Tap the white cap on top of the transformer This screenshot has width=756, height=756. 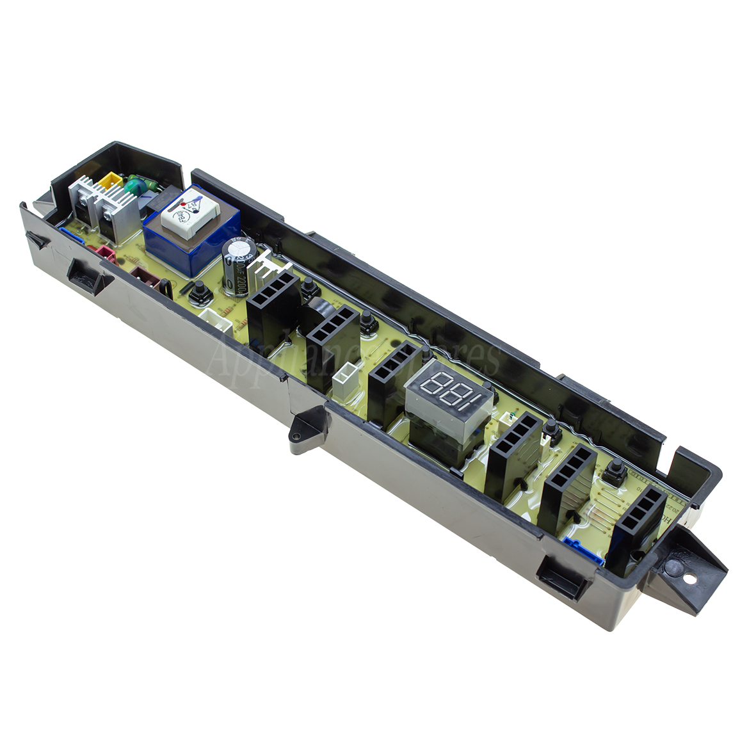[x=183, y=207]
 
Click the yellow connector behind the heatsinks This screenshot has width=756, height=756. [x=111, y=181]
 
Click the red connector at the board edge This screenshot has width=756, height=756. [x=106, y=253]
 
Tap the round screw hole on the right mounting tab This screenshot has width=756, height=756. [x=689, y=579]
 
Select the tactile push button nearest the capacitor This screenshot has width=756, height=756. [x=200, y=291]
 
